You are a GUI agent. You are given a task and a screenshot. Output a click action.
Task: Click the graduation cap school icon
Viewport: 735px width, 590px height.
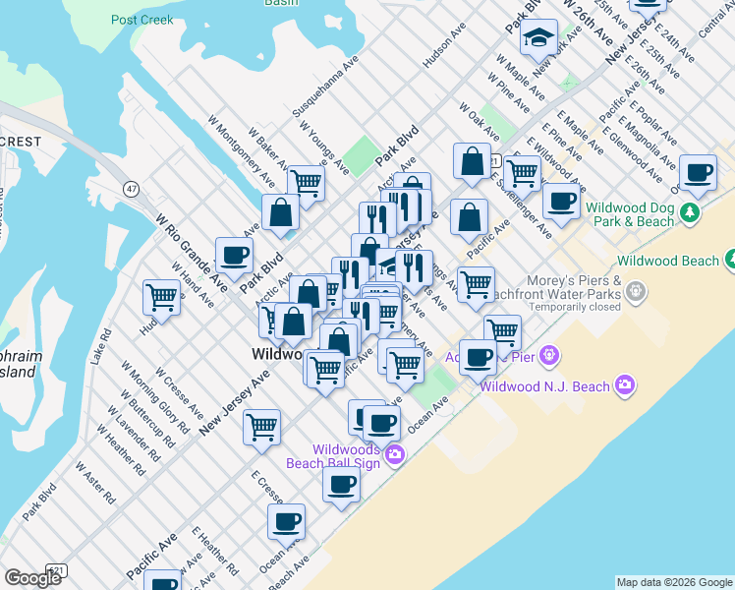(x=537, y=38)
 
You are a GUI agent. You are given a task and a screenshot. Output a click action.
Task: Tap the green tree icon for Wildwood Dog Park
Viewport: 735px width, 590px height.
(x=691, y=212)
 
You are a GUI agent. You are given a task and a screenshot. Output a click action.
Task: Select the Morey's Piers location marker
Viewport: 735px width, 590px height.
(x=637, y=291)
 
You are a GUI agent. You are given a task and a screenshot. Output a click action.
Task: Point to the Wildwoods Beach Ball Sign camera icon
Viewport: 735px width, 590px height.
(x=394, y=453)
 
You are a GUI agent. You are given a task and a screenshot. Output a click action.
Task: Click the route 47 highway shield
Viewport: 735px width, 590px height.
(x=131, y=187)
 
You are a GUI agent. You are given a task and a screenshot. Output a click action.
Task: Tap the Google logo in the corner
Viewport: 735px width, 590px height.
(x=32, y=577)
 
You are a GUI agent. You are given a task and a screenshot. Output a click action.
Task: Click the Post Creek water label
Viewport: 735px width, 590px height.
(x=142, y=20)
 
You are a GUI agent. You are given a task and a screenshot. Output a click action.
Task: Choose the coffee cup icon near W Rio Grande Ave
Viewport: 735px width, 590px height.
(x=235, y=256)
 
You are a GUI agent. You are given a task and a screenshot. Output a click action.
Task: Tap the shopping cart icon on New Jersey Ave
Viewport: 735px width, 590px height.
(x=261, y=427)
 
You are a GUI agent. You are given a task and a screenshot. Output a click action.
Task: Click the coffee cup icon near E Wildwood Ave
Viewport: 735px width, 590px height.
(x=561, y=202)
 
